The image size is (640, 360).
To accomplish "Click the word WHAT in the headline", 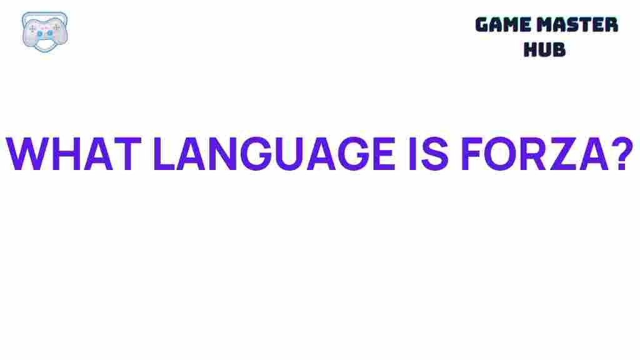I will tap(74, 153).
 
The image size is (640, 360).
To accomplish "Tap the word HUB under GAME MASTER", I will tap(544, 49).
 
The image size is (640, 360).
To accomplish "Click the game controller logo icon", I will tap(44, 30).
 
